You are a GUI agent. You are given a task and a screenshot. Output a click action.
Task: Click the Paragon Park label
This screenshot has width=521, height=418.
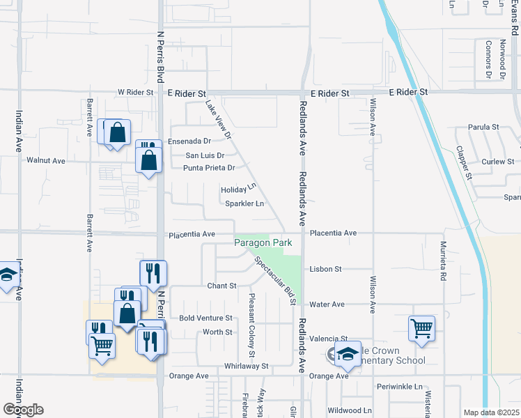pyautogui.click(x=263, y=242)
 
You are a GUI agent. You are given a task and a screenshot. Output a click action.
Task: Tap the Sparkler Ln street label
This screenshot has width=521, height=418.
pyautogui.click(x=244, y=203)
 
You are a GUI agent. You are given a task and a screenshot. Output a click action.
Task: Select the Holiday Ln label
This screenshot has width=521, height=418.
pyautogui.click(x=239, y=189)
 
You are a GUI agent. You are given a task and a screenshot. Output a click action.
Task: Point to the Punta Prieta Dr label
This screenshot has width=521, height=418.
pyautogui.click(x=208, y=168)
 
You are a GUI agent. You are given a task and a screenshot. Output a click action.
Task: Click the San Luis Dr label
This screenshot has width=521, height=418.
pyautogui.click(x=204, y=156)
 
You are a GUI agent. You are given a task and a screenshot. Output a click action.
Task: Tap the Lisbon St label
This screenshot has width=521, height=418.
pyautogui.click(x=325, y=269)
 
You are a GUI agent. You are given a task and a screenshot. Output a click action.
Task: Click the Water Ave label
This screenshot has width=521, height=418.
pyautogui.click(x=327, y=304)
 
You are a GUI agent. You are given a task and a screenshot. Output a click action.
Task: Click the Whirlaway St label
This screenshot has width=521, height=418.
pyautogui.click(x=246, y=366)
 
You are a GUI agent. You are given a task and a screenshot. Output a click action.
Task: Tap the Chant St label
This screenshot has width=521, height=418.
pyautogui.click(x=222, y=286)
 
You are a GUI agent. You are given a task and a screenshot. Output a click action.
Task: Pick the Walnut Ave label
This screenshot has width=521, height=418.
pyautogui.click(x=46, y=160)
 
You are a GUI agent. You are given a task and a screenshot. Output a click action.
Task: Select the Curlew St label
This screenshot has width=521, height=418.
pyautogui.click(x=497, y=162)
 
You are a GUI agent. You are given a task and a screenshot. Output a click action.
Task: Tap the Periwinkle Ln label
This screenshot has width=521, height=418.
pyautogui.click(x=399, y=387)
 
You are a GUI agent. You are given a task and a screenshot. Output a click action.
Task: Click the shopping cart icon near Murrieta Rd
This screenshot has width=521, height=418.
pyautogui.click(x=422, y=327)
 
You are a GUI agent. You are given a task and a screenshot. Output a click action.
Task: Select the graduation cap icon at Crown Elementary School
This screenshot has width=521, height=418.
pyautogui.click(x=348, y=354)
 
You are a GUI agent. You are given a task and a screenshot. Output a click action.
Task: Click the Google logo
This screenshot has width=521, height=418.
pyautogui.click(x=23, y=410)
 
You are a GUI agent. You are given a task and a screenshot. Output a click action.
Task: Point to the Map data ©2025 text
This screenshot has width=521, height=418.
pyautogui.click(x=491, y=412)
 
